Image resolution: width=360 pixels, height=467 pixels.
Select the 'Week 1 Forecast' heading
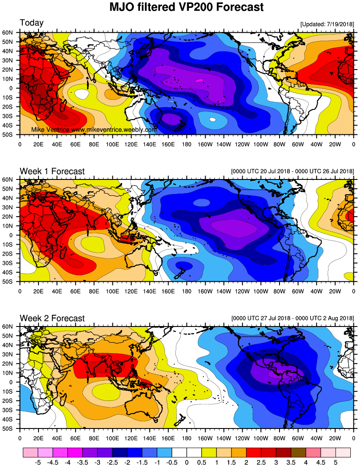click(52, 171)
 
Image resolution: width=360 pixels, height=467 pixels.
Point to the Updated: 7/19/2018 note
click(327, 24)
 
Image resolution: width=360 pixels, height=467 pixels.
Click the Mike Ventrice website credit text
click(94, 130)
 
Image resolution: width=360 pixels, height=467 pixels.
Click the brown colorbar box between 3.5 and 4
click(298, 451)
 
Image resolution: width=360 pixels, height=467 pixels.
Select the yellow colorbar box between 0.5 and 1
click(209, 451)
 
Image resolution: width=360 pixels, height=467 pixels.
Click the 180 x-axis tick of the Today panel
click(187, 143)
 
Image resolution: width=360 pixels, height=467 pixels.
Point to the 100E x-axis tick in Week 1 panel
click(112, 290)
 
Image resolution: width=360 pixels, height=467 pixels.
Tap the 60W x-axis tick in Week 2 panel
click(298, 437)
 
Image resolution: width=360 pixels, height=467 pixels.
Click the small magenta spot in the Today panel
click(199, 81)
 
